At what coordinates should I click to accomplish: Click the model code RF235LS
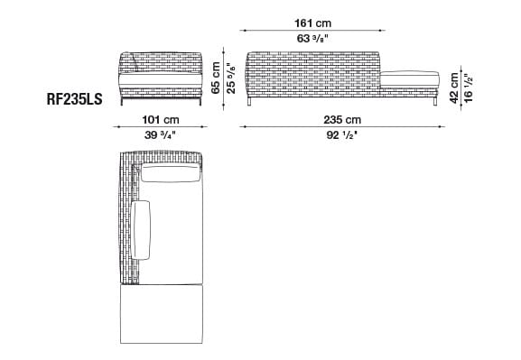tap(74, 99)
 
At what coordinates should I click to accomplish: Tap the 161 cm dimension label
tap(312, 23)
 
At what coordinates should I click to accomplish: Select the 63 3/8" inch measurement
tap(312, 39)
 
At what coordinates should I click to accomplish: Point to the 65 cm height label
tap(216, 78)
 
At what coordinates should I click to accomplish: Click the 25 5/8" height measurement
tap(230, 78)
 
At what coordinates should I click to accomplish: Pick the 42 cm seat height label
tap(454, 88)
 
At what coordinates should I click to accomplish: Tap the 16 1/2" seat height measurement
tap(468, 88)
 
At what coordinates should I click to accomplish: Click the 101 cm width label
tap(161, 120)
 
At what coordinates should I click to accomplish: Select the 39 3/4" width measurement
tap(160, 134)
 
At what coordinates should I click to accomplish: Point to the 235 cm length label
tap(342, 120)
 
